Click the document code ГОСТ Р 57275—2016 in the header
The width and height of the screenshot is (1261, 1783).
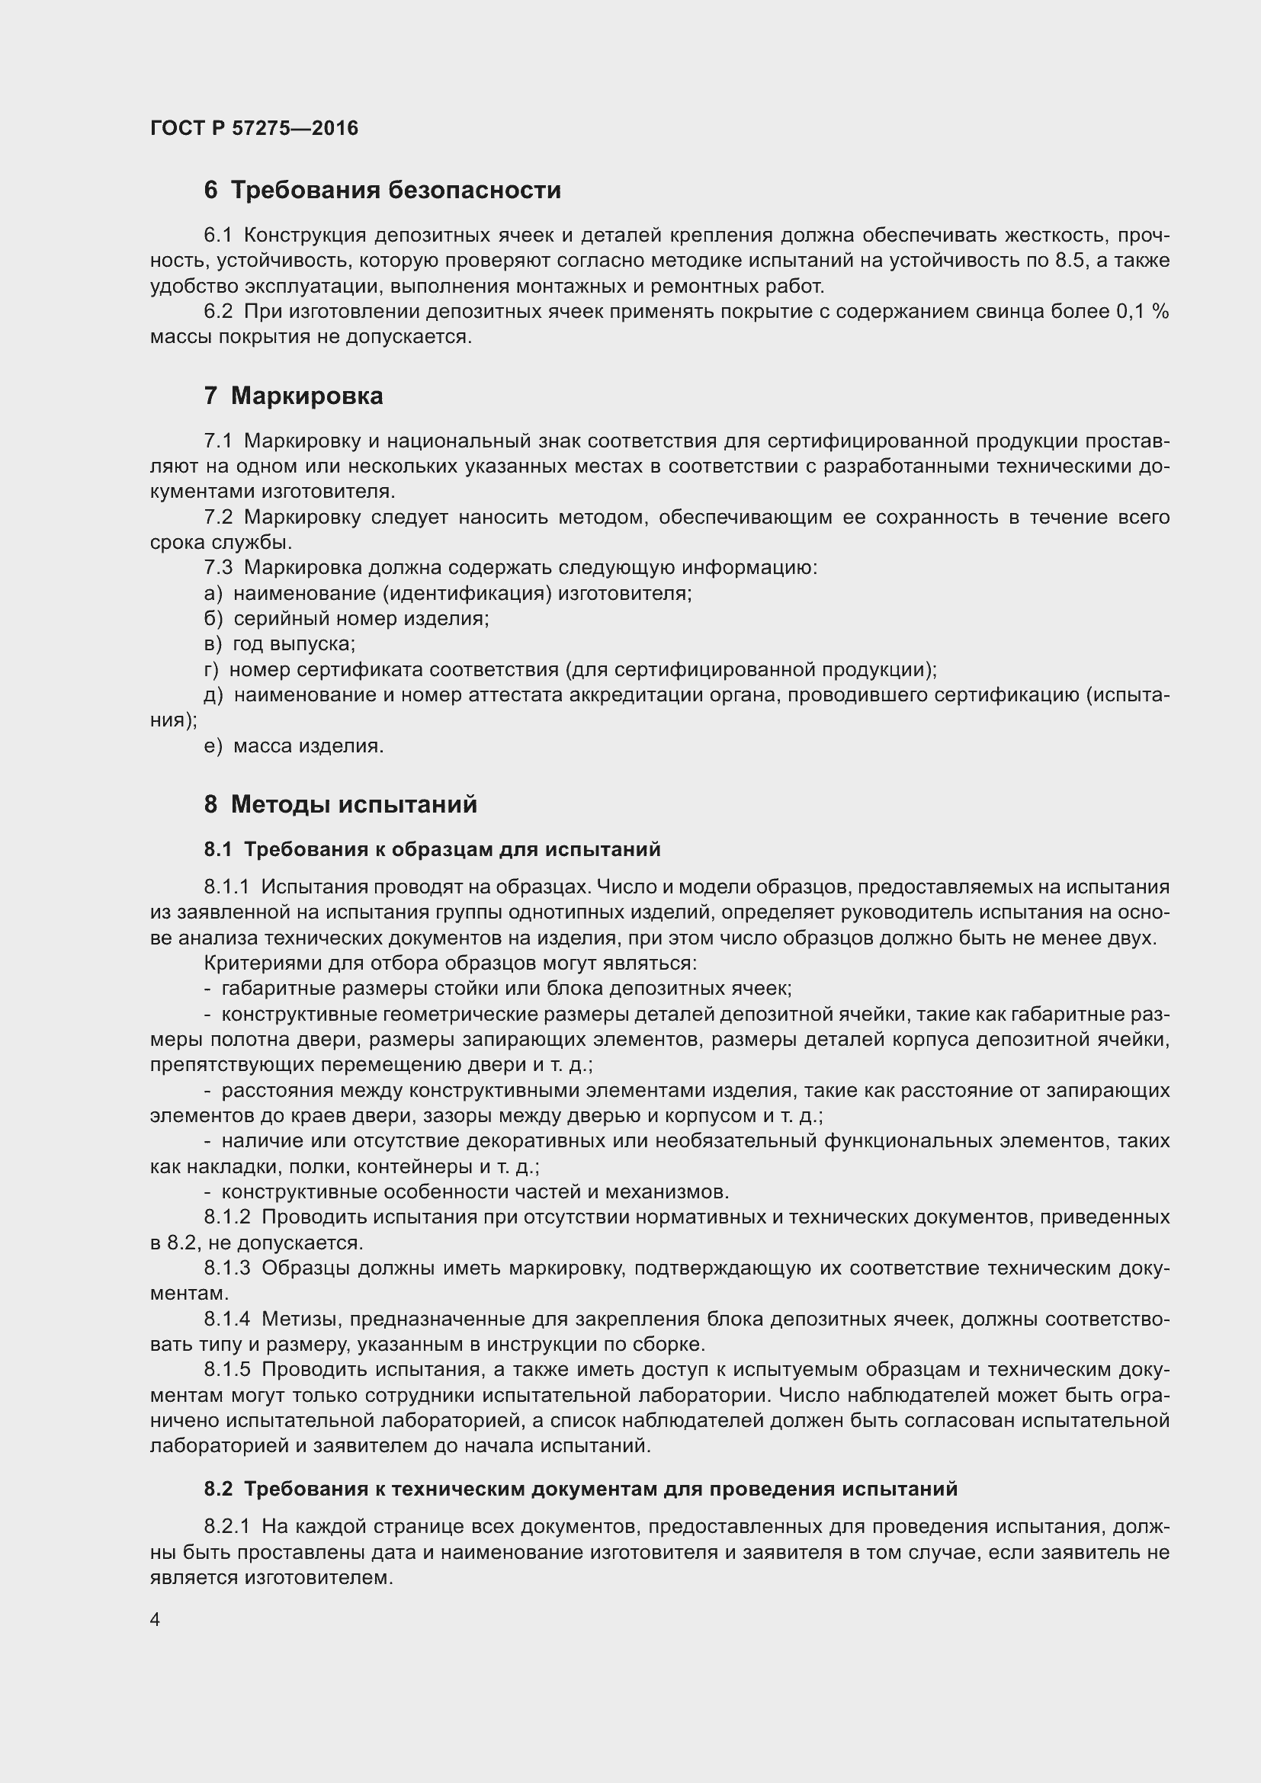[254, 128]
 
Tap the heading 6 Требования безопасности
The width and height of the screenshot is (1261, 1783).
[382, 191]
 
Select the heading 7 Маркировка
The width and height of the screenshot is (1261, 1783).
[294, 396]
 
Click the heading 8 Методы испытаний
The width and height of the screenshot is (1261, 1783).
[340, 803]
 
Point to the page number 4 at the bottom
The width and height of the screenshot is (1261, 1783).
[156, 1620]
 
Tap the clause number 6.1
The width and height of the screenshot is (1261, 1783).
[218, 236]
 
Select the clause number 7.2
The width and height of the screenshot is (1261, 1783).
[218, 517]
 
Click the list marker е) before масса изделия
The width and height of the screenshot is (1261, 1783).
[213, 746]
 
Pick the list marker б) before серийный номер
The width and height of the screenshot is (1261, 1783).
[213, 619]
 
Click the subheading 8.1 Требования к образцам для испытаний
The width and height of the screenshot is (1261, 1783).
[432, 849]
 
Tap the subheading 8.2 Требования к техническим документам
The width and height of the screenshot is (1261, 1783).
[581, 1489]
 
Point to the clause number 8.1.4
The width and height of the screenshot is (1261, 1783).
[226, 1319]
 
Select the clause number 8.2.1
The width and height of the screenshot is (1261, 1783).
[226, 1527]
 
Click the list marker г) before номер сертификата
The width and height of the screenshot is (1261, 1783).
[211, 670]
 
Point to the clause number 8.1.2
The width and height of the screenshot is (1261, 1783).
[226, 1217]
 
